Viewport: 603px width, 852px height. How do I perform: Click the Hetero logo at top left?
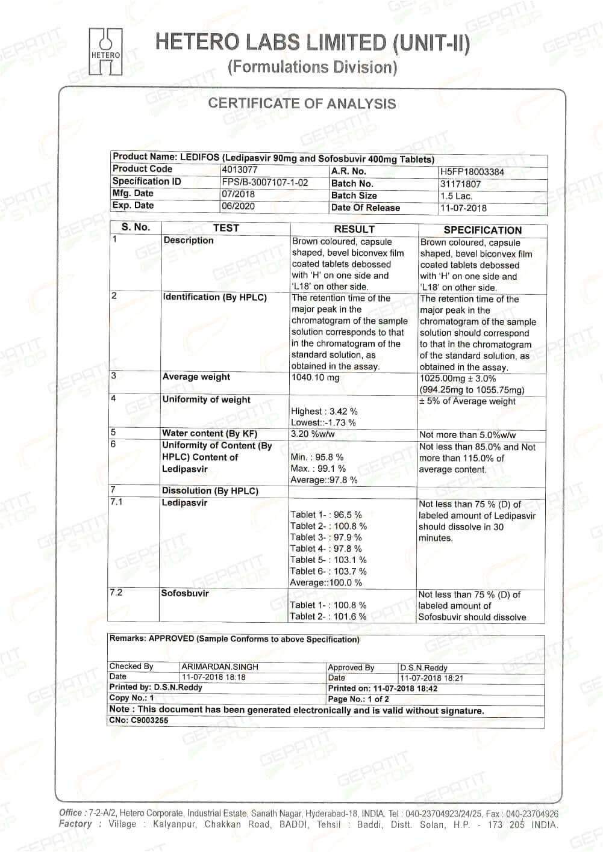[105, 52]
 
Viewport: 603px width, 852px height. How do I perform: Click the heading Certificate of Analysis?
[302, 103]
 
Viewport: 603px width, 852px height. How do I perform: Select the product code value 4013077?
[240, 170]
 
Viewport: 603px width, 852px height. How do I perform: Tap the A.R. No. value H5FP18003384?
[472, 172]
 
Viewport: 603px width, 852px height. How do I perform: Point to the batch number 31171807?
[460, 184]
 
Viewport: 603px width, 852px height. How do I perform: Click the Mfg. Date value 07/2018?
[239, 194]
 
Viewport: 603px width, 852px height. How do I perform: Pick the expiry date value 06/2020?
[239, 206]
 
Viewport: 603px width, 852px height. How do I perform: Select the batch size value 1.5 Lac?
[457, 196]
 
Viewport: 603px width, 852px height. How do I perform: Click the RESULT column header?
[354, 229]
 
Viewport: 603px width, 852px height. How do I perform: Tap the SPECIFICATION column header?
[483, 230]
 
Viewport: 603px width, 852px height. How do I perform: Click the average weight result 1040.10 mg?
[315, 378]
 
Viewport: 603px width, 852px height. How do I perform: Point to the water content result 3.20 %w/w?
[313, 434]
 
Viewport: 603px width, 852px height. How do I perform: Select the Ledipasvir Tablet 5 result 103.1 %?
[328, 560]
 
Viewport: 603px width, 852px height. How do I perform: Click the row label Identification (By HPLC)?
[214, 297]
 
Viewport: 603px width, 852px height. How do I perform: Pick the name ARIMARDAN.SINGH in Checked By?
[211, 667]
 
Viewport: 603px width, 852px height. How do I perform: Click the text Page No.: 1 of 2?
[358, 699]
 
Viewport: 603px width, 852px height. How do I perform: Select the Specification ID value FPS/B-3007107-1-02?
[265, 182]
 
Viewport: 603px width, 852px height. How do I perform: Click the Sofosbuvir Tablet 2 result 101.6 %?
[328, 617]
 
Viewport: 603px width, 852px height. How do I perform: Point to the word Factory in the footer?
[75, 824]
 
